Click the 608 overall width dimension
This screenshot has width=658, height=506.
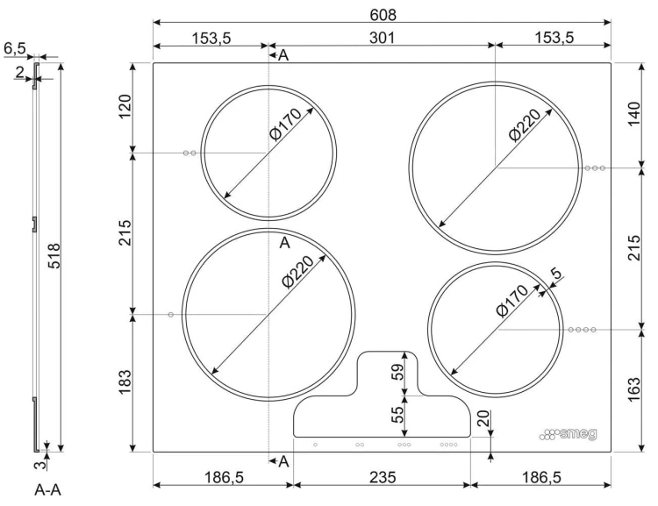click(383, 15)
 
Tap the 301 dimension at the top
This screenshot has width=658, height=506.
click(382, 38)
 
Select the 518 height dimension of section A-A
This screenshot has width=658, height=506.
click(54, 255)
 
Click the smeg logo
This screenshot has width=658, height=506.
click(569, 434)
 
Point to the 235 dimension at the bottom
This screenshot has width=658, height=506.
click(383, 477)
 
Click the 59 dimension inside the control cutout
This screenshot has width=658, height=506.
click(397, 371)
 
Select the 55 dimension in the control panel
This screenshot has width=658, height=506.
click(397, 415)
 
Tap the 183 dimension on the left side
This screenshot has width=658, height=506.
click(125, 381)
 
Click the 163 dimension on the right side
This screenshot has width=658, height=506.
click(633, 389)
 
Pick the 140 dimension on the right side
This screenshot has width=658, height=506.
click(633, 113)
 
